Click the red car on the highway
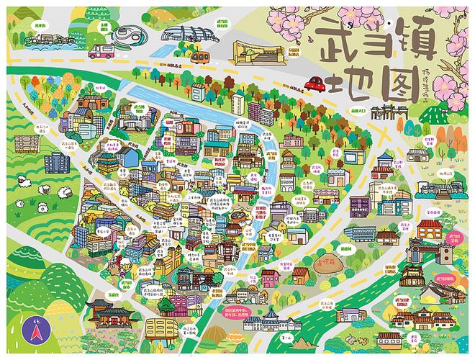[x=315, y=84]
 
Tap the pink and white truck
[x=101, y=49]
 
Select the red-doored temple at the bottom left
[x=106, y=313]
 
